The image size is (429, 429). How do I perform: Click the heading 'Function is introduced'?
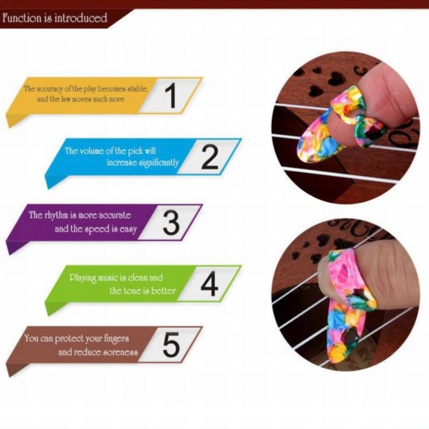tap(55, 18)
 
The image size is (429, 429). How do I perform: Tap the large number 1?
tap(172, 95)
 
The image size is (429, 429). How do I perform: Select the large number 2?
tap(210, 157)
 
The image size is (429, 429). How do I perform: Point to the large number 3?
tap(171, 223)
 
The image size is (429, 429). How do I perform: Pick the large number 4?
tap(209, 284)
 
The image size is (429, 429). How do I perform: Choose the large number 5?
tap(171, 344)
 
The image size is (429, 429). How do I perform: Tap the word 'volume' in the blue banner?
tap(92, 151)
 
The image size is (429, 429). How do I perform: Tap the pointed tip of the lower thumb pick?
tap(335, 361)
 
